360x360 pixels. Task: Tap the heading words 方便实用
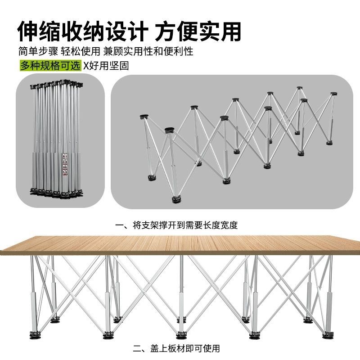point(198,31)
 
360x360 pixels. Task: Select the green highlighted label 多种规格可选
point(50,65)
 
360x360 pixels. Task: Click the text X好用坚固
point(106,66)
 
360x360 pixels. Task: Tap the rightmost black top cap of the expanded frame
point(333,94)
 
